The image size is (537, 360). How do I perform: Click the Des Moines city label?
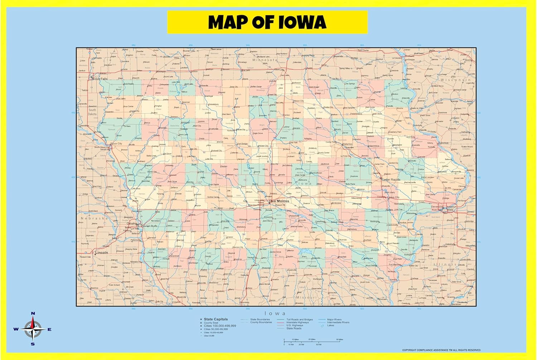[x=279, y=201]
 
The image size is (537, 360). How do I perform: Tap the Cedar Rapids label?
[x=391, y=179]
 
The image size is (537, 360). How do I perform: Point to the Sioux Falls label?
[x=100, y=78]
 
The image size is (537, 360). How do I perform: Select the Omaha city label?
[x=131, y=223]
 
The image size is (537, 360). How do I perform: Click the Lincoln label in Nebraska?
[x=101, y=253]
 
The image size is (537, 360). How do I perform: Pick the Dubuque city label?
[x=442, y=143]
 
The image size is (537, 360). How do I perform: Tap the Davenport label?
[x=437, y=207]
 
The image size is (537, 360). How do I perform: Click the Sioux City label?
[x=116, y=143]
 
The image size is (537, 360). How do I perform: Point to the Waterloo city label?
[x=347, y=144]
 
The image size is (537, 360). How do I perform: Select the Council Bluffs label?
[x=150, y=226]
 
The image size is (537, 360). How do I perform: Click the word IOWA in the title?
[x=302, y=22]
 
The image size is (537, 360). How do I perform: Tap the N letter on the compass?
[x=33, y=313]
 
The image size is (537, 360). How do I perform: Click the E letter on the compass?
[x=49, y=330]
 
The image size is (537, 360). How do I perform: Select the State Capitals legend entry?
[x=216, y=319]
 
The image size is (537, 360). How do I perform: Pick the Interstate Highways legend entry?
[x=297, y=322]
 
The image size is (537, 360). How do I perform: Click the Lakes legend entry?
[x=330, y=325]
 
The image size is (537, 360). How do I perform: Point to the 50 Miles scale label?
[x=339, y=339]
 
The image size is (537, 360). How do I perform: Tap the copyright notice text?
[x=441, y=350]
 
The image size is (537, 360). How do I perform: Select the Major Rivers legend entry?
[x=334, y=320]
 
